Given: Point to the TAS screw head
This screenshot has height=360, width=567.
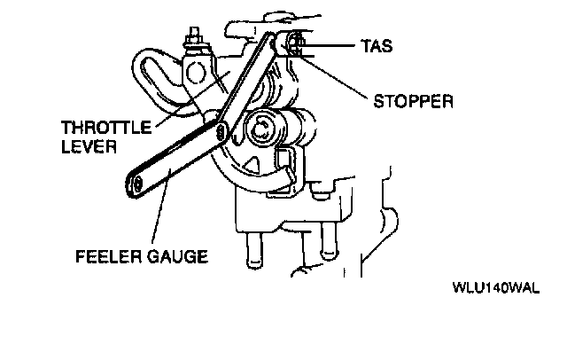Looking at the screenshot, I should tap(295, 43).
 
